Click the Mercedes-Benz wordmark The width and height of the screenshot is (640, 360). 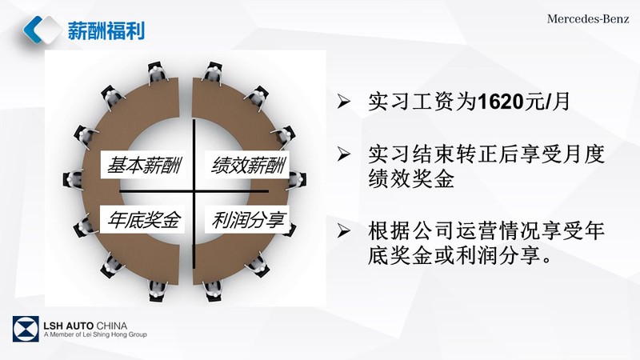588,18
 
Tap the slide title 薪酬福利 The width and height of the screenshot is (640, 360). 106,30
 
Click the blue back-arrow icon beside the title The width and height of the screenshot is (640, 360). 33,30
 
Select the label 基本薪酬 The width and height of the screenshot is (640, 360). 143,165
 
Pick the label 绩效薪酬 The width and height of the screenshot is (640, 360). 248,165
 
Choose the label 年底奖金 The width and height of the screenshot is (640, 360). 143,219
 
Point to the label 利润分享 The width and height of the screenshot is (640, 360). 248,219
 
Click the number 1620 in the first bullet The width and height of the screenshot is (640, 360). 502,102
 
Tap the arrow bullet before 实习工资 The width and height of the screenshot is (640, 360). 344,101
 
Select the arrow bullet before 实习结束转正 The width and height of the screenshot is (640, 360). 344,154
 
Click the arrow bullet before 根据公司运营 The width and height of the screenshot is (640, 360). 344,230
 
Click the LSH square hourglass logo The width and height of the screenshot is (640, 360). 26,329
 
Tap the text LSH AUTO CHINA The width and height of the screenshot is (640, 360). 86,326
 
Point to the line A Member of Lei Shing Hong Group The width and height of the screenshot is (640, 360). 95,334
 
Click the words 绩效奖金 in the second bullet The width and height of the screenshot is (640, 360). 411,178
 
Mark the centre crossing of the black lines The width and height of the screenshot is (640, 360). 194,191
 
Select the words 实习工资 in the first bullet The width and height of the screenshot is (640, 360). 411,102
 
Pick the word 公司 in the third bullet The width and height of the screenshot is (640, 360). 433,230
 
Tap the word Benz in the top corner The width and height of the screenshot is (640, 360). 614,18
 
